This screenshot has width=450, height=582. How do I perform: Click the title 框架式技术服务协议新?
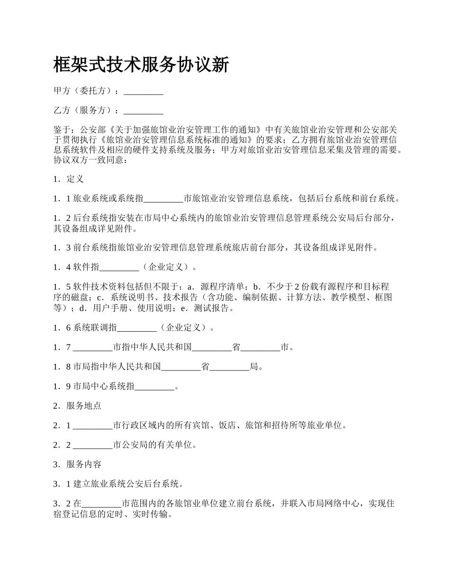click(142, 64)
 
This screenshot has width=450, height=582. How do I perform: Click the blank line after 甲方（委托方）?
click(144, 91)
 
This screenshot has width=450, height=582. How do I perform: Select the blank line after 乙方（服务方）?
click(144, 111)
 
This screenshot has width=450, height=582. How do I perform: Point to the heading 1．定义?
click(69, 179)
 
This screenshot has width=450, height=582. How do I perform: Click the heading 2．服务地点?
click(77, 406)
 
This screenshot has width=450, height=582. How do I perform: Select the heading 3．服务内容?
click(77, 464)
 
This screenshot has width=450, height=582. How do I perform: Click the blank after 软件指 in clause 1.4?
click(119, 267)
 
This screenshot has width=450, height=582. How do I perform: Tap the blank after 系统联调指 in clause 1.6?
click(136, 327)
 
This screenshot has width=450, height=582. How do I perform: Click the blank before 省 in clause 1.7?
click(212, 347)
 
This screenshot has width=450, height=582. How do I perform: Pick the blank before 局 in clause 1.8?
click(229, 366)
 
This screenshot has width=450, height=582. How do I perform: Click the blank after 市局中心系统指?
click(155, 387)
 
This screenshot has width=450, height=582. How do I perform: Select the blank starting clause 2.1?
click(93, 425)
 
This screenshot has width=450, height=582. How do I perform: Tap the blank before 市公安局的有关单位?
click(93, 445)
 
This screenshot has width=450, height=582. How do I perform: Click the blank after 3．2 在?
click(102, 503)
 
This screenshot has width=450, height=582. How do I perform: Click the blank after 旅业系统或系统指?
click(163, 199)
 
